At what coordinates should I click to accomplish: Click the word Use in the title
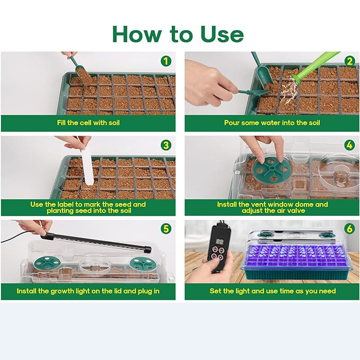222,34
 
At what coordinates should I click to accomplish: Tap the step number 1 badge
166,62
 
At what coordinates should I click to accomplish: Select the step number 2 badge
350,62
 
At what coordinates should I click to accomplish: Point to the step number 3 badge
166,145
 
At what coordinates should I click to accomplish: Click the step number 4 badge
350,145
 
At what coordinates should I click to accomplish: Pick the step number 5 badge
166,229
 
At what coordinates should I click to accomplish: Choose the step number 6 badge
350,229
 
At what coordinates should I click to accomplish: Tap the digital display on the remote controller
220,242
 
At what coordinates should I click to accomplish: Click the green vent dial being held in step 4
272,170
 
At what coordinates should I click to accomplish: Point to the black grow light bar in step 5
96,242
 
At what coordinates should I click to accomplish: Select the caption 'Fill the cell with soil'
89,122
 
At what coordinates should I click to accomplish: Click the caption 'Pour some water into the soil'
272,122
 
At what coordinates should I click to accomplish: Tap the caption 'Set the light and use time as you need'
273,291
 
